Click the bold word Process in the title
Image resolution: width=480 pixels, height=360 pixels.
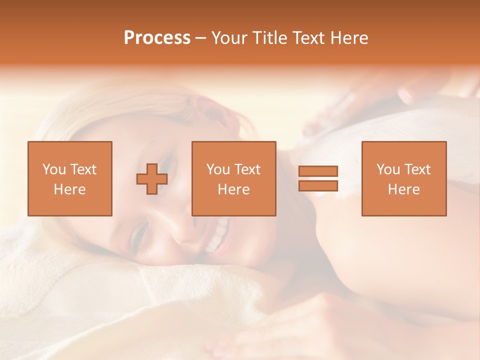point(157,38)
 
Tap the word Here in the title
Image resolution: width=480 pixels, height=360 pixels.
point(349,38)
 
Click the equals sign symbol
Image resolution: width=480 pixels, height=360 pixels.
point(318,178)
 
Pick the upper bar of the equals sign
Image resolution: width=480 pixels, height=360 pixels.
point(318,171)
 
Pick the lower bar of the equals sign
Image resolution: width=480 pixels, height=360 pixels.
point(318,185)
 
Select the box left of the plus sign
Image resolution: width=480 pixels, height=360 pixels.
point(70,178)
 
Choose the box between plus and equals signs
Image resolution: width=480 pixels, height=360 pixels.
point(234,178)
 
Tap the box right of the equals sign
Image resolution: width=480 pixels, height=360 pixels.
point(404,178)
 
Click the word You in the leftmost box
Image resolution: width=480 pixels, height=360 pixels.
point(54,169)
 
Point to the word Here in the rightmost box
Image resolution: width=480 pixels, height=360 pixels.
point(404,189)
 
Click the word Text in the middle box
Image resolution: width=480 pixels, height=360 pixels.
point(247,169)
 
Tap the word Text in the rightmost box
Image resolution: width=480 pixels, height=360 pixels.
point(417,169)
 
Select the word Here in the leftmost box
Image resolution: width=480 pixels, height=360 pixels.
point(70,189)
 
